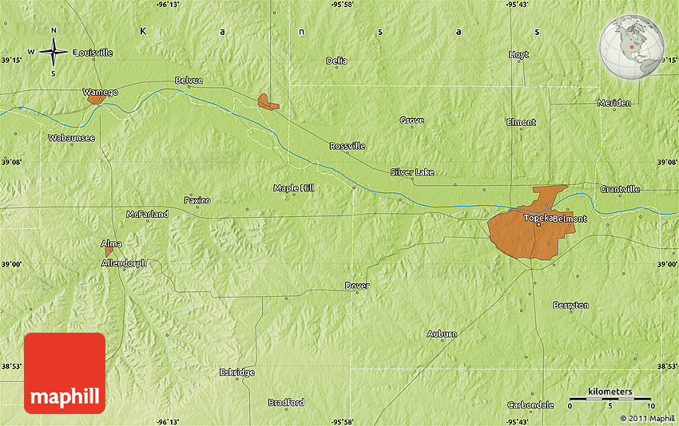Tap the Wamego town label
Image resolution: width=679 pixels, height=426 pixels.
pos(100,92)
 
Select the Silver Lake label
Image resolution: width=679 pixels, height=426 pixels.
pos(412,172)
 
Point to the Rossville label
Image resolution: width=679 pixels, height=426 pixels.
pos(347,146)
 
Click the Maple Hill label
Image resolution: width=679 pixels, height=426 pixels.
pos(294,187)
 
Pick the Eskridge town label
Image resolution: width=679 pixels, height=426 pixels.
pos(236,373)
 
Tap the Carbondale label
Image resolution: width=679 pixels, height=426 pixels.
pos(530,404)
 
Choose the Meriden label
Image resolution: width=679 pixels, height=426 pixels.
pos(613,102)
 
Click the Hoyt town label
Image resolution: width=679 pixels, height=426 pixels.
pos(518,54)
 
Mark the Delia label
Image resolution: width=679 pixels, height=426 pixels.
pos(336,61)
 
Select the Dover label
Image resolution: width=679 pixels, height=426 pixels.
pos(356,285)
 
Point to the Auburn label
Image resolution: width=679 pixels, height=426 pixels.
pos(442,333)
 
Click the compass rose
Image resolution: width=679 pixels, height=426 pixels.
pos(54,53)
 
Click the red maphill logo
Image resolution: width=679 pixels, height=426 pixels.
pos(65,373)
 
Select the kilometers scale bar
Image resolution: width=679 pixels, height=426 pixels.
pos(611,397)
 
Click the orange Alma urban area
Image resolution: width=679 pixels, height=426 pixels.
pos(109,251)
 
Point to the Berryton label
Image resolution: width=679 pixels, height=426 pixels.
pos(570,306)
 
